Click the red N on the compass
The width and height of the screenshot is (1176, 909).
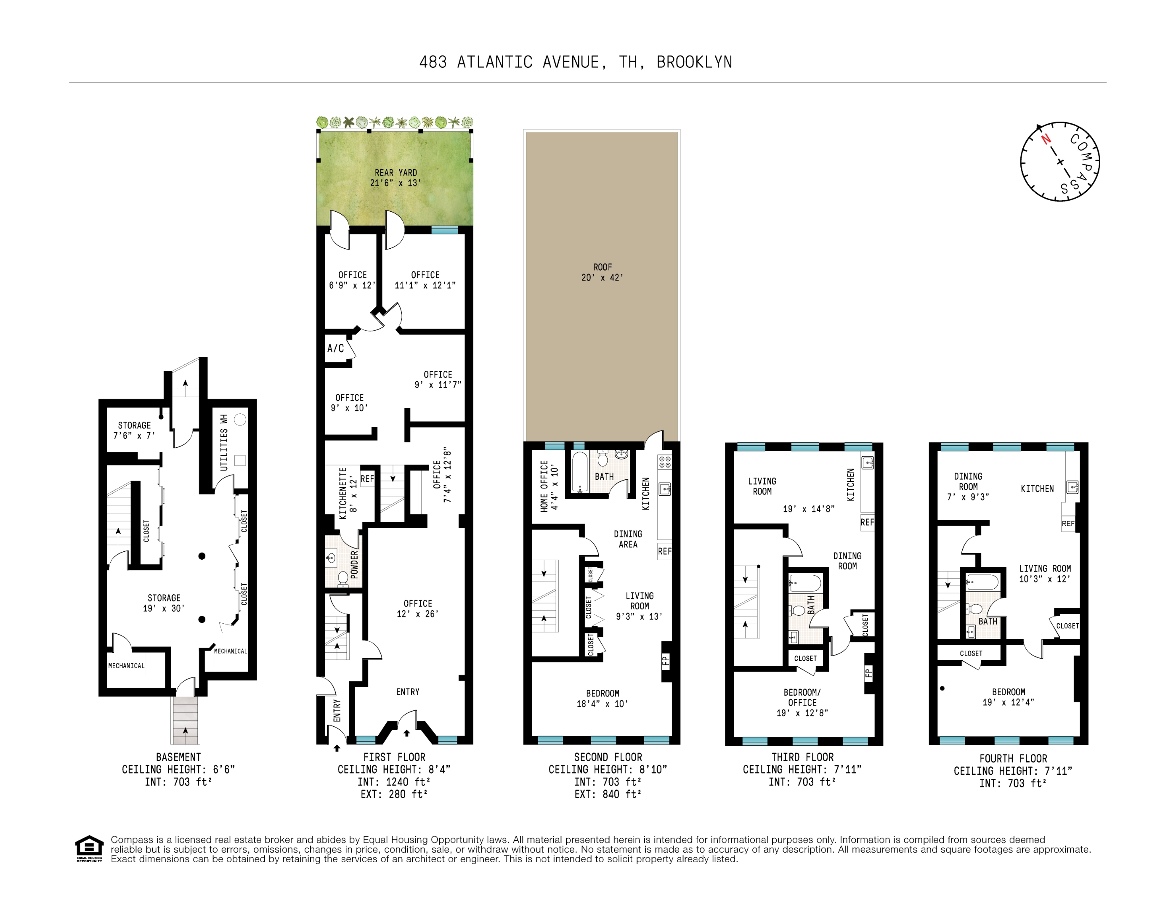1046,139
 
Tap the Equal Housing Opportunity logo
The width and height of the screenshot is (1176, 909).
89,848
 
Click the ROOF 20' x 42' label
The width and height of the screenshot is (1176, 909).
602,272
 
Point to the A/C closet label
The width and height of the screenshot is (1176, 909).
335,348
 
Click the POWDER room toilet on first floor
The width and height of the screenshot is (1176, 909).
342,578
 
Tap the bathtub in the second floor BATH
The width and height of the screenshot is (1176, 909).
580,472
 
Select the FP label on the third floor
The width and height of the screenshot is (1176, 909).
868,672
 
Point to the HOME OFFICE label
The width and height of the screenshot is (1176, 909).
549,486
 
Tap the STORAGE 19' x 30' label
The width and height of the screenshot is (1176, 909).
164,603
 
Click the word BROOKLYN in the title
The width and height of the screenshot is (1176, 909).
694,62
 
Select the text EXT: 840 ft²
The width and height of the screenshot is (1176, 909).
608,794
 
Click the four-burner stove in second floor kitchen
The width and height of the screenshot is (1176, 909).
664,462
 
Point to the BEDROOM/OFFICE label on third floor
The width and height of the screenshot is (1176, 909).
802,703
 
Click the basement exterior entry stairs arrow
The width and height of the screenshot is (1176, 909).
185,730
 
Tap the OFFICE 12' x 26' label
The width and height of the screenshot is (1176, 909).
417,609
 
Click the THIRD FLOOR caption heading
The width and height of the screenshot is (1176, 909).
802,757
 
